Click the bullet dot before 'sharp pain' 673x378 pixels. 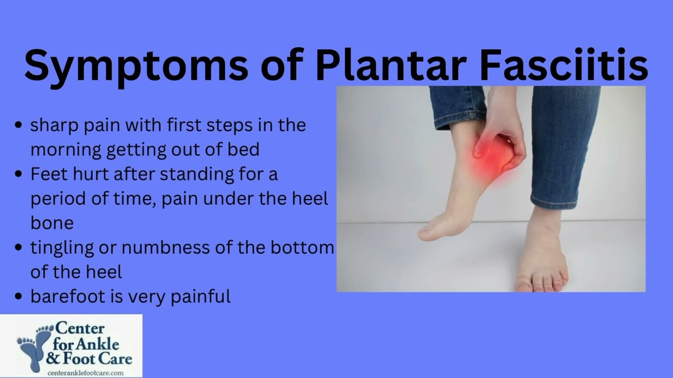(x=18, y=125)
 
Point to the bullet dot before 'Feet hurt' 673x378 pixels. (x=18, y=174)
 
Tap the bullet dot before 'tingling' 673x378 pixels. (x=18, y=247)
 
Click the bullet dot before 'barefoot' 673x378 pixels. (x=18, y=296)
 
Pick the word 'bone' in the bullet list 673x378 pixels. (x=52, y=223)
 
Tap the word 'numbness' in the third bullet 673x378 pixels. (x=166, y=247)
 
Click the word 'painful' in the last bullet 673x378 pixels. (x=201, y=297)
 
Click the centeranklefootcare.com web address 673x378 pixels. (x=86, y=373)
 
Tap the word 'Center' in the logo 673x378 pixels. (x=79, y=329)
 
